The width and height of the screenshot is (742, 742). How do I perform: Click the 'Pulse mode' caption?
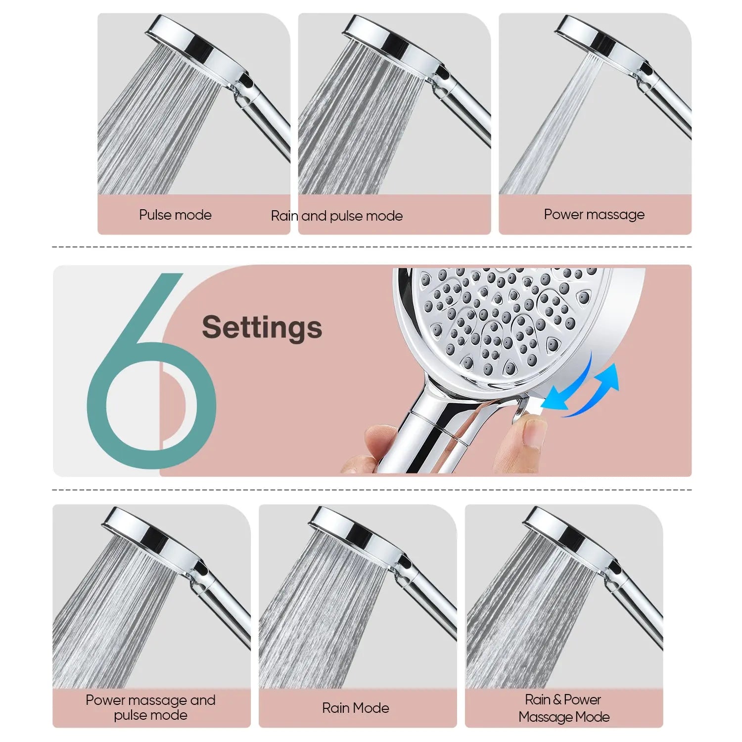click(x=175, y=215)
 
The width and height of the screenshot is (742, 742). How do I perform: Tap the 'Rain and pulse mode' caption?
click(x=337, y=216)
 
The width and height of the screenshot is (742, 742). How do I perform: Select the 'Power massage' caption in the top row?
click(x=594, y=215)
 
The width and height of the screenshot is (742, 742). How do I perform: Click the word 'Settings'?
click(x=262, y=327)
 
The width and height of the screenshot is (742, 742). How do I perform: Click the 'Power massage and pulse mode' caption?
click(x=150, y=707)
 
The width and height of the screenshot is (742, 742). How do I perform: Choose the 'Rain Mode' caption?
click(x=355, y=708)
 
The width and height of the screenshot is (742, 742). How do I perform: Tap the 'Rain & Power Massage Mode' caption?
click(x=564, y=708)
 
